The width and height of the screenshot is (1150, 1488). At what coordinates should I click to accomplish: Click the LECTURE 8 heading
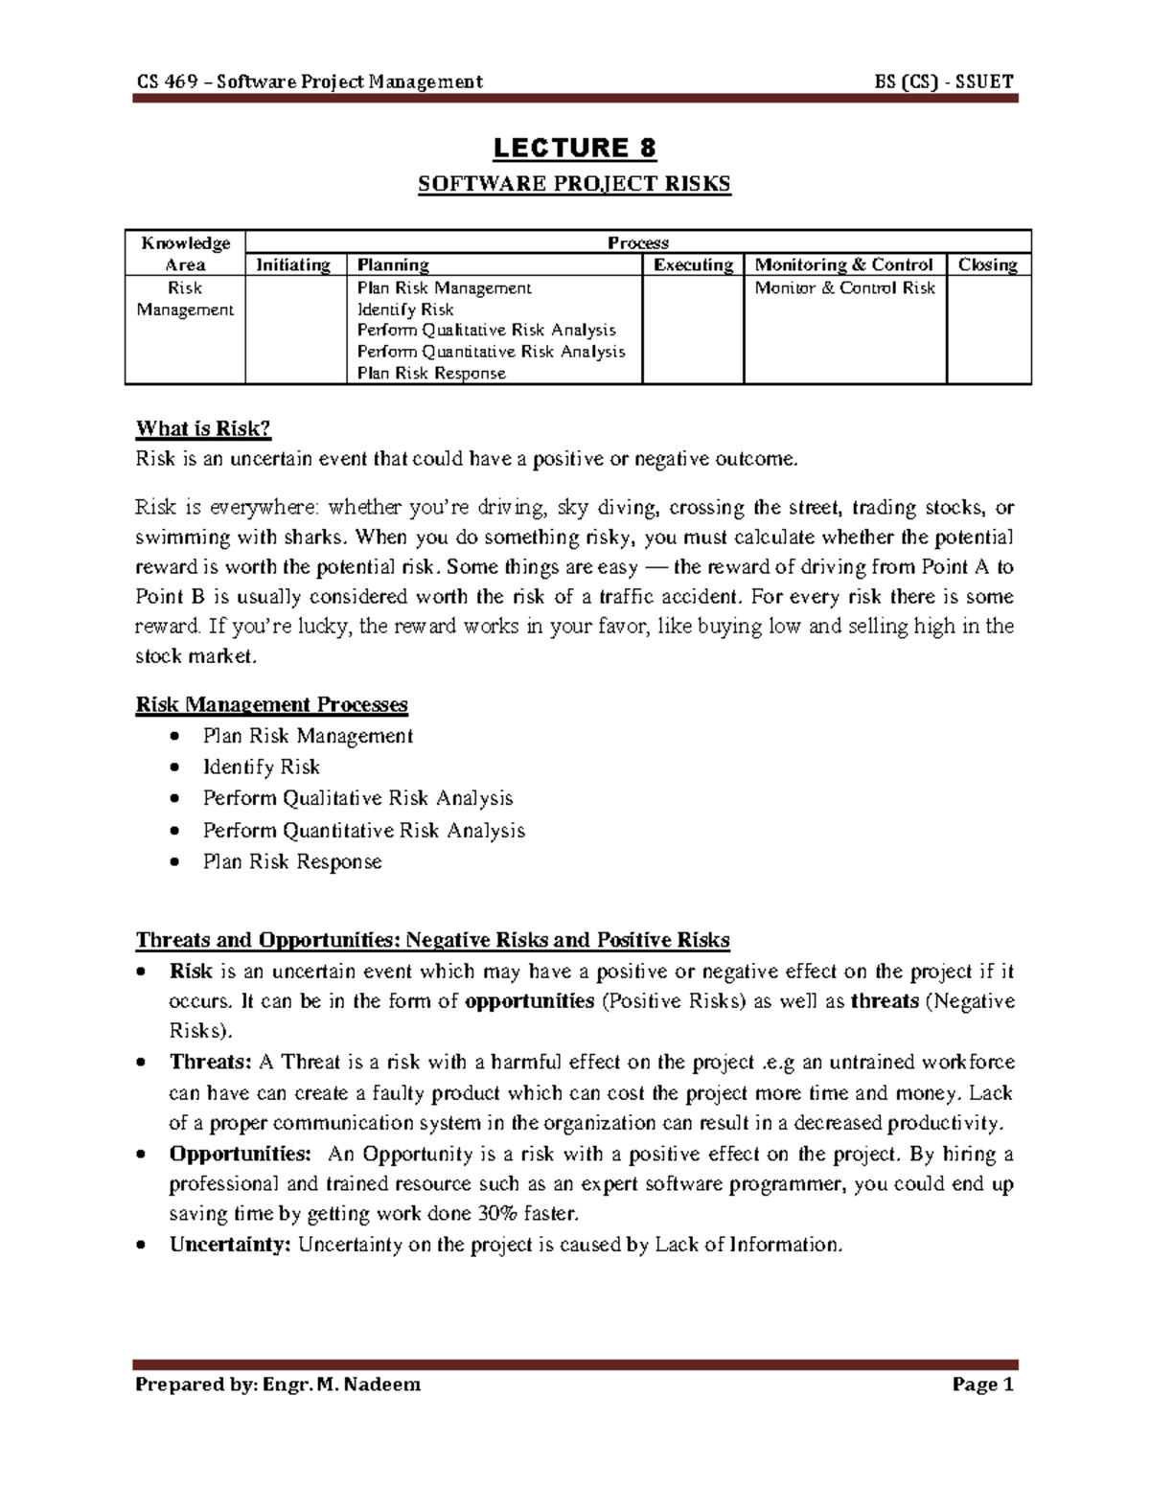point(574,149)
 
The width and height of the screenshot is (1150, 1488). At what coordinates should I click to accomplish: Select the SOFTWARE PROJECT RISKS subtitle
point(574,184)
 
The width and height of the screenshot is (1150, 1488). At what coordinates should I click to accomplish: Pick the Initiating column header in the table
point(293,265)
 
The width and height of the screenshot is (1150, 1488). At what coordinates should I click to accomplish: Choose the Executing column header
point(692,265)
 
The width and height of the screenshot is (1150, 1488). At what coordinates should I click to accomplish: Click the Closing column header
point(987,265)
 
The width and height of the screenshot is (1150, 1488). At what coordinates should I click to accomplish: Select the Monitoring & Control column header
point(843,265)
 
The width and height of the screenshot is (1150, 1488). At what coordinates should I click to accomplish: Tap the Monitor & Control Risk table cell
point(843,288)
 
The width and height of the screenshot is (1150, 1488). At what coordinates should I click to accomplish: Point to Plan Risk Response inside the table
point(430,374)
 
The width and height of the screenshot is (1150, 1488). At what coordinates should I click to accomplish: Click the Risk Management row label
point(184,299)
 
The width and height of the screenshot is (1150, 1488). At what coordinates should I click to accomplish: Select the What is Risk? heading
point(197,428)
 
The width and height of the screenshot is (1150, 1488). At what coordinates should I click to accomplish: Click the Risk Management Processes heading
point(272,705)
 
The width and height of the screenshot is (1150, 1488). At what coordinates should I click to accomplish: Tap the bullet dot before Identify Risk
point(172,768)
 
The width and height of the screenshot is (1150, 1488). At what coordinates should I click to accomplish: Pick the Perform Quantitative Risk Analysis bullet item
point(363,831)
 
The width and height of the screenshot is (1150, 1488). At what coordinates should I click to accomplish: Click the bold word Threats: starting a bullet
point(210,1063)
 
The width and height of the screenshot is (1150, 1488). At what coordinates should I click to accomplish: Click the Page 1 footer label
point(982,1385)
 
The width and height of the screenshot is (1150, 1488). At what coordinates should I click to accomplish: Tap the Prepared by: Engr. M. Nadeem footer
point(278,1385)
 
